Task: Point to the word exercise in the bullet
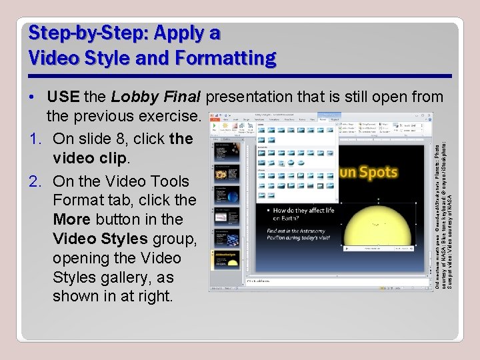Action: (x=173, y=116)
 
